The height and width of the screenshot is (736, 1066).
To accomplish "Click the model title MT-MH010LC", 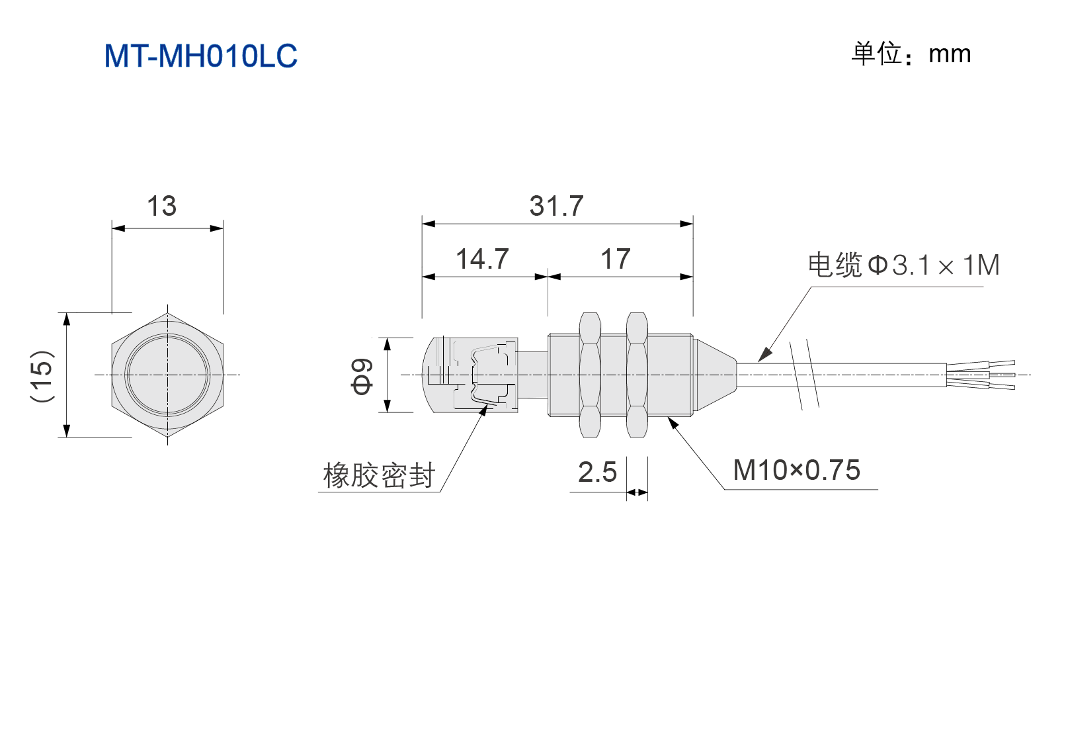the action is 200,56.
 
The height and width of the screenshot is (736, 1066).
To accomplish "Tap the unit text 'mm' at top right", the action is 950,54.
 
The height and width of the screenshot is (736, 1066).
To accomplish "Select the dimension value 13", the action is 162,207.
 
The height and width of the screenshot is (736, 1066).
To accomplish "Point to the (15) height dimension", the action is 42,376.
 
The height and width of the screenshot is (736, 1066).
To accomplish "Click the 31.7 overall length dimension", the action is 556,206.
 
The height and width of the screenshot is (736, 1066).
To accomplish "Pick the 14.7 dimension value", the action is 482,259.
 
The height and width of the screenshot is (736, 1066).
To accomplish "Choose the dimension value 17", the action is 615,259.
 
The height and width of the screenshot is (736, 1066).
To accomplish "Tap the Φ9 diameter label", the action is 362,377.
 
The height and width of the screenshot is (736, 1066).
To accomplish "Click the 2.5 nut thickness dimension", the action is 597,472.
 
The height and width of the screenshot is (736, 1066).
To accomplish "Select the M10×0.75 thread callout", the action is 797,470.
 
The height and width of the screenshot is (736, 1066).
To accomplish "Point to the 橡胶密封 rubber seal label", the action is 379,475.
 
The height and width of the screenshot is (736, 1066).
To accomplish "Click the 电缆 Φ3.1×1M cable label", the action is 904,265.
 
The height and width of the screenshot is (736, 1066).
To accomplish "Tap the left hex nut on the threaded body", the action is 590,375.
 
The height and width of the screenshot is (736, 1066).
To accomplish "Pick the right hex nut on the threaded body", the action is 637,375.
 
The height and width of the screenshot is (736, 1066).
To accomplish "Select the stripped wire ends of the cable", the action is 981,375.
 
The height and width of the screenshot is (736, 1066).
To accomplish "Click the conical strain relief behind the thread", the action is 714,375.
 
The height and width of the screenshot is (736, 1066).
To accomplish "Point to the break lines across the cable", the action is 804,375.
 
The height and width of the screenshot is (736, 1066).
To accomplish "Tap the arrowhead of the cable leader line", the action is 765,354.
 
